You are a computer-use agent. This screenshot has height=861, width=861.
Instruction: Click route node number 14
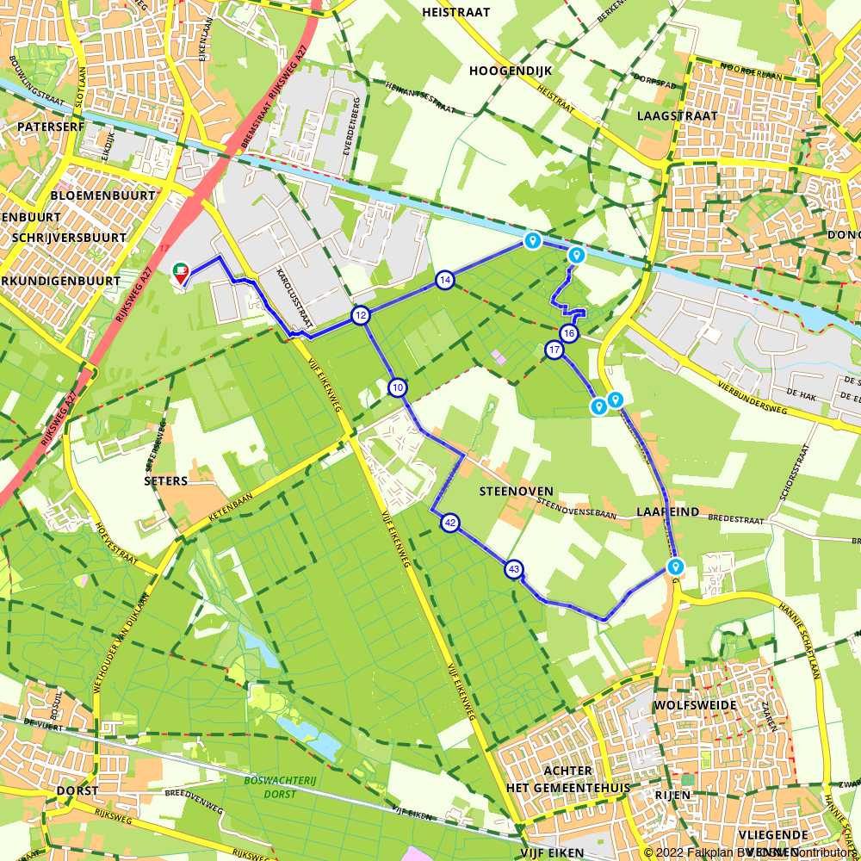[444, 280]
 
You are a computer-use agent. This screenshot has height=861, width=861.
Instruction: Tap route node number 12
[360, 316]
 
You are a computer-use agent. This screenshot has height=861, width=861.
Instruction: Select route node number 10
[397, 387]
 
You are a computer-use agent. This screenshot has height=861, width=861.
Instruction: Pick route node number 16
[568, 333]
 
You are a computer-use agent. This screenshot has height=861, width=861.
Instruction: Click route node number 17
[554, 350]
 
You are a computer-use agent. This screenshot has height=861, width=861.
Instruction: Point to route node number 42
[449, 523]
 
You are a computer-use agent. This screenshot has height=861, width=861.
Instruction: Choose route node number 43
[514, 568]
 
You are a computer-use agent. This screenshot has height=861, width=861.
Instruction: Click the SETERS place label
[166, 480]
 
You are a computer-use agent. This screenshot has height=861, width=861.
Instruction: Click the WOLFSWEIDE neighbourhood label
[695, 705]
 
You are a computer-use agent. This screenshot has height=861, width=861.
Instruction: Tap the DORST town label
[77, 790]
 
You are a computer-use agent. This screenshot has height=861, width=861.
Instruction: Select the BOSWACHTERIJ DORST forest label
[269, 787]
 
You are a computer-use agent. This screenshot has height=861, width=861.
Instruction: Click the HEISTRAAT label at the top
[456, 12]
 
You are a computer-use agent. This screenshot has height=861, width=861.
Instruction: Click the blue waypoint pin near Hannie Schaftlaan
[675, 567]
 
